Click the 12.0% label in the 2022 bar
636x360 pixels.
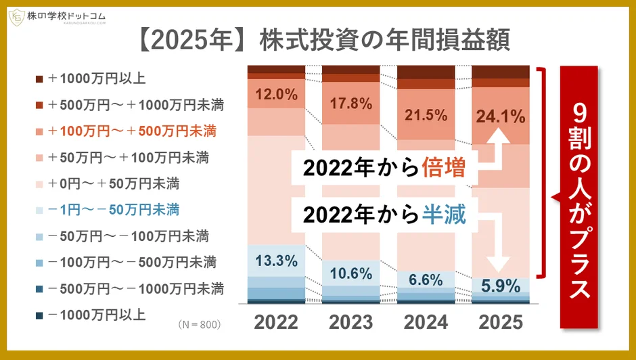pyautogui.click(x=277, y=95)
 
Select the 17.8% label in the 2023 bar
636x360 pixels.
pyautogui.click(x=352, y=104)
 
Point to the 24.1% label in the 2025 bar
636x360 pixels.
pyautogui.click(x=501, y=116)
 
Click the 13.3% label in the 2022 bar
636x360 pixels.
pyautogui.click(x=277, y=260)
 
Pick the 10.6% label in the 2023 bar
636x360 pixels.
pyautogui.click(x=352, y=273)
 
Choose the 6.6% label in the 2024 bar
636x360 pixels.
pyautogui.click(x=427, y=279)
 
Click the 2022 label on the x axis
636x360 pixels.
pyautogui.click(x=277, y=322)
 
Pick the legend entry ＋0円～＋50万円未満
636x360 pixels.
pyautogui.click(x=118, y=183)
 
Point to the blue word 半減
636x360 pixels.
pyautogui.click(x=444, y=215)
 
